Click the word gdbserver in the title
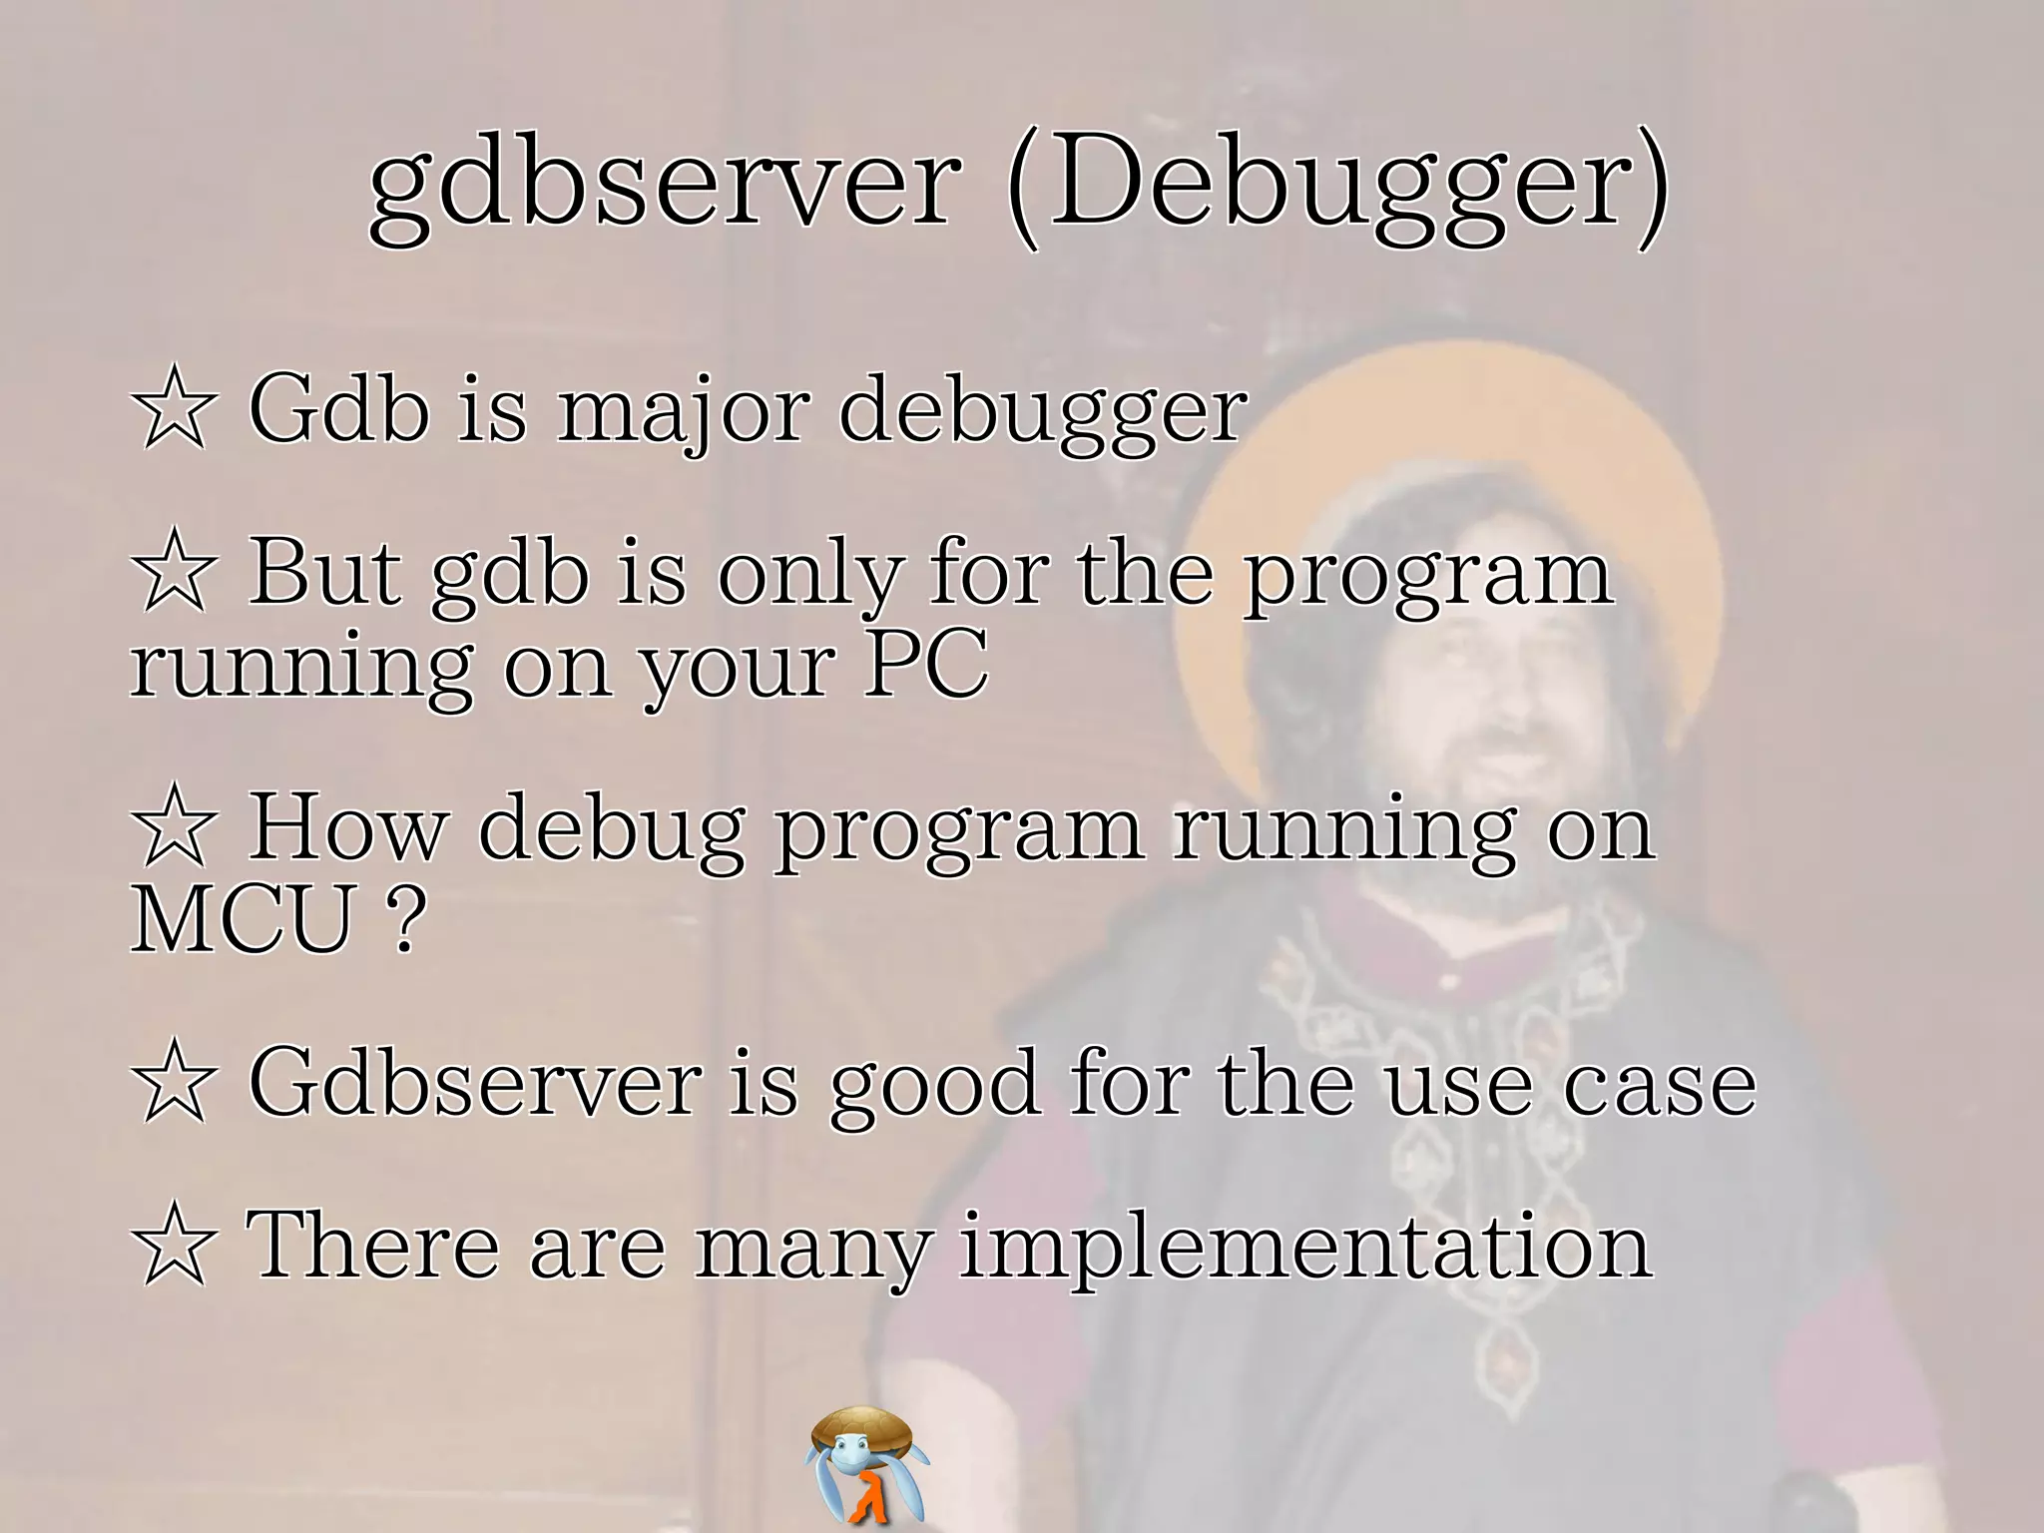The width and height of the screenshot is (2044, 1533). click(x=664, y=185)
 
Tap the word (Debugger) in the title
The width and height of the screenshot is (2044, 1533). click(x=1337, y=185)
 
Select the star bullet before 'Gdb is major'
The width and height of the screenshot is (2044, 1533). click(x=173, y=409)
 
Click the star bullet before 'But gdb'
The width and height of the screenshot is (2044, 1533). click(x=173, y=572)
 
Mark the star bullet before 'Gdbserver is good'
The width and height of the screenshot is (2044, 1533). click(x=173, y=1082)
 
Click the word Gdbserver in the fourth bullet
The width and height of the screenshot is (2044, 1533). click(x=475, y=1082)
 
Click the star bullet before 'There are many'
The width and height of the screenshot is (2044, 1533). click(x=173, y=1246)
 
